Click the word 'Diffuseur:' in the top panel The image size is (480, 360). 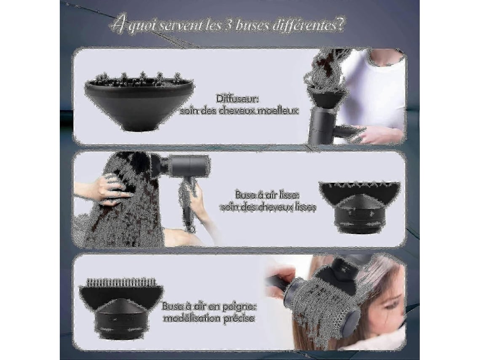237,99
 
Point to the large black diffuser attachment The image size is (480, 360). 139,101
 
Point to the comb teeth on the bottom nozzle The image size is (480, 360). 121,282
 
